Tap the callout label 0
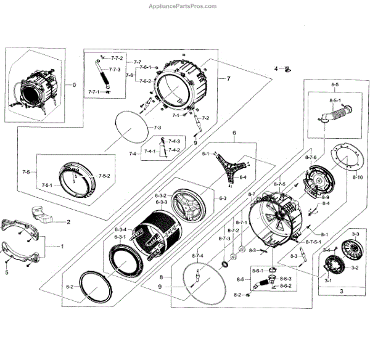pos(75,85)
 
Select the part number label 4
pos(276,69)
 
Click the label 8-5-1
pos(335,100)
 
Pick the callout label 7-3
pos(157,127)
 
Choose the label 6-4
pos(243,178)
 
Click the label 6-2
pos(70,287)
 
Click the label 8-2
pos(237,295)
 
